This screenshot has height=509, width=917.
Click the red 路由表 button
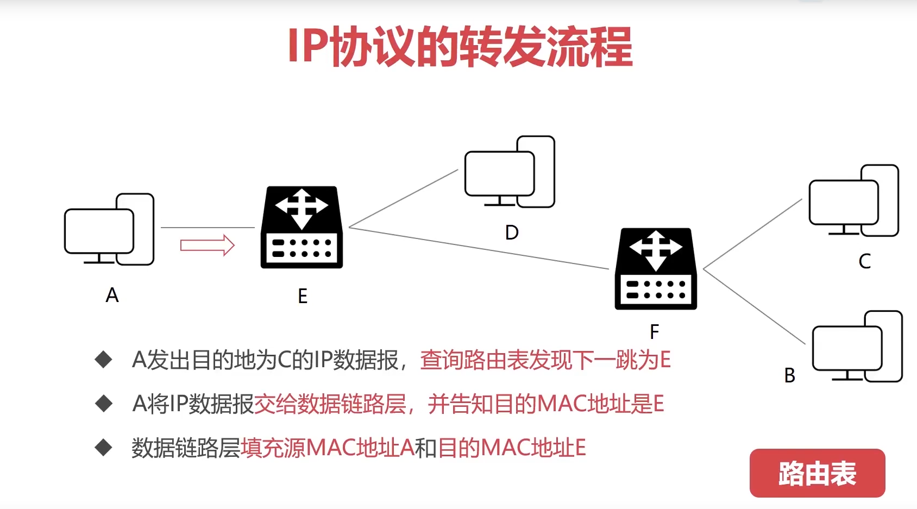tap(817, 473)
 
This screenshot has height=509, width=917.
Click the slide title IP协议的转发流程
tap(460, 47)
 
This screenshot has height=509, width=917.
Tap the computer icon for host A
tap(109, 230)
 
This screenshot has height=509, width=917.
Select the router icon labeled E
tap(302, 228)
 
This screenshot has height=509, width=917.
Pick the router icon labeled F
tap(656, 269)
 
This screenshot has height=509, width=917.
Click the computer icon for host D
tap(510, 172)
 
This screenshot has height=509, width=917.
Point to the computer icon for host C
tap(853, 201)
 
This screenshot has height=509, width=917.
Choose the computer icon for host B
tap(857, 347)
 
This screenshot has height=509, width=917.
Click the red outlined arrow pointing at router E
tap(207, 245)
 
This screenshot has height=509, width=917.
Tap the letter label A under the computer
tap(112, 296)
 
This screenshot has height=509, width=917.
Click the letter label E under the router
tap(303, 296)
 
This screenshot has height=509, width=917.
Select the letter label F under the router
tap(655, 331)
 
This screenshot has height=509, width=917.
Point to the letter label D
tap(512, 232)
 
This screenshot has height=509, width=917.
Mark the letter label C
tap(864, 261)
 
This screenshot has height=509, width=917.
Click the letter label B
tap(789, 375)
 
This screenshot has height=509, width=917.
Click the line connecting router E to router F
tap(478, 248)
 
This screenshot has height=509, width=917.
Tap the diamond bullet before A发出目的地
tap(103, 360)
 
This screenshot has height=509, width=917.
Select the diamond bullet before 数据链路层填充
tap(103, 448)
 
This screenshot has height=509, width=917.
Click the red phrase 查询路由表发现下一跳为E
tap(545, 360)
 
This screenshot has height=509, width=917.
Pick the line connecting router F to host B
tap(754, 306)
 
